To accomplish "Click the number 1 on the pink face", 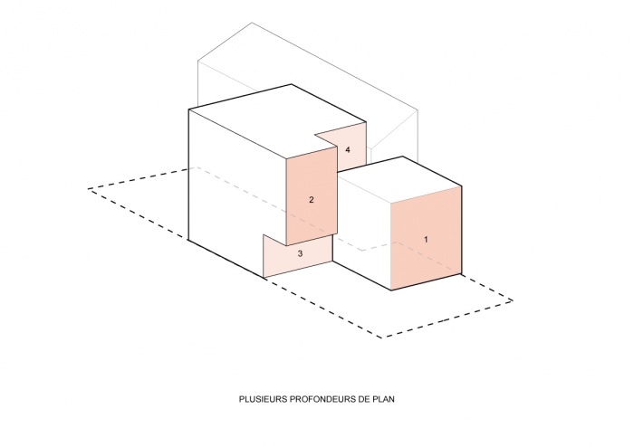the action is pyautogui.click(x=426, y=240).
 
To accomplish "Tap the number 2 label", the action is pyautogui.click(x=311, y=199).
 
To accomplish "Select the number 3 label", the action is pyautogui.click(x=300, y=253).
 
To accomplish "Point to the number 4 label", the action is pyautogui.click(x=348, y=150).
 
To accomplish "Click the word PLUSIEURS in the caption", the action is pyautogui.click(x=264, y=399).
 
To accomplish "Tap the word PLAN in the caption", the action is pyautogui.click(x=384, y=399).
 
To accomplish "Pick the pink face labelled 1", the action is pyautogui.click(x=427, y=238).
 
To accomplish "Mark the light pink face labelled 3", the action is pyautogui.click(x=298, y=256).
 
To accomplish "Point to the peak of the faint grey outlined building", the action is pyautogui.click(x=252, y=23).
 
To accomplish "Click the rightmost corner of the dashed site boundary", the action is pyautogui.click(x=513, y=300).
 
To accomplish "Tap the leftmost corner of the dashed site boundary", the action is pyautogui.click(x=89, y=188).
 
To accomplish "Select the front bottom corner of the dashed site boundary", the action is pyautogui.click(x=381, y=338).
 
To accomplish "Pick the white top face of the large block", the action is pyautogui.click(x=271, y=121).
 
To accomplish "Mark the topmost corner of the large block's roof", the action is pyautogui.click(x=292, y=84).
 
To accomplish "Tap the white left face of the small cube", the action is pyautogui.click(x=362, y=230).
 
